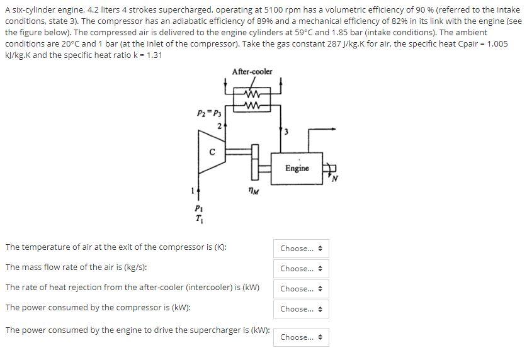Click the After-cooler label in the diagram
[x=252, y=72]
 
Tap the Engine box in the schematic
[x=297, y=168]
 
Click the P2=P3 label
[x=208, y=113]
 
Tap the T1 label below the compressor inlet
[x=199, y=220]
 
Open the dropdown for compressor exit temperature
[x=301, y=249]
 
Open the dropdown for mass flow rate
[x=301, y=269]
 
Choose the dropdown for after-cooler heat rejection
[x=301, y=289]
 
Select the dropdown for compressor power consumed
[x=301, y=309]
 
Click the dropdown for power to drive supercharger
[x=301, y=337]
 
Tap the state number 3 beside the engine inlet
[x=286, y=132]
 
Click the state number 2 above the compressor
[x=218, y=126]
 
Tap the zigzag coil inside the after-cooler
[x=252, y=100]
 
